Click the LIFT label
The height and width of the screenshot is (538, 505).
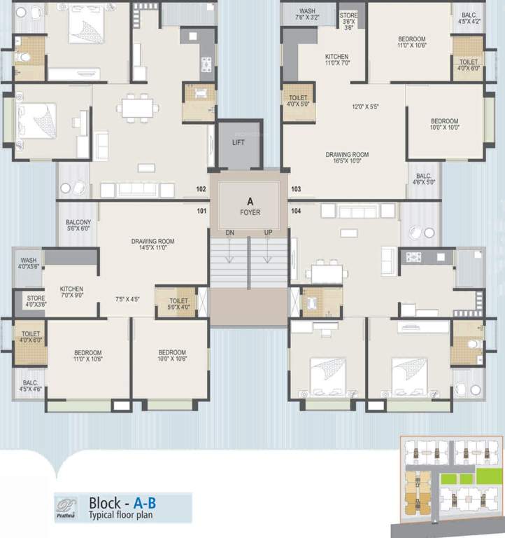click(x=239, y=143)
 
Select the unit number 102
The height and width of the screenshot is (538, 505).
click(x=201, y=189)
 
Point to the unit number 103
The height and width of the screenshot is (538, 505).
click(x=296, y=189)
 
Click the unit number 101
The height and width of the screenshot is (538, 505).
click(x=201, y=210)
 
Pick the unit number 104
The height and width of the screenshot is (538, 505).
click(x=296, y=210)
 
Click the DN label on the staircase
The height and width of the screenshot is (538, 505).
click(x=229, y=233)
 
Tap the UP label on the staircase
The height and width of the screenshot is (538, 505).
click(x=269, y=233)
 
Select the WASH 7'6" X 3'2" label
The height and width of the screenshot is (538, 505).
click(x=308, y=15)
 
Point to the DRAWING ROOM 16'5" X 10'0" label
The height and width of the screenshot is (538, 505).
click(x=347, y=158)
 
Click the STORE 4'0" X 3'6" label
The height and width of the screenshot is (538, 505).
click(x=35, y=301)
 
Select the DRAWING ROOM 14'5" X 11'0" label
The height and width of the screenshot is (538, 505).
click(x=152, y=245)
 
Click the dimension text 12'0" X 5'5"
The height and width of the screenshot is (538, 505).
click(x=365, y=107)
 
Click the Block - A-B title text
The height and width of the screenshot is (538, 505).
click(x=122, y=503)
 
